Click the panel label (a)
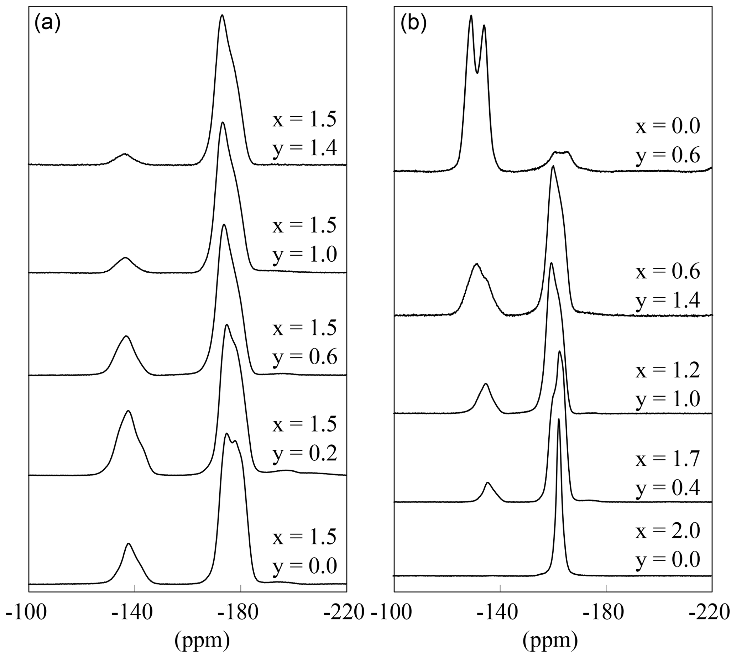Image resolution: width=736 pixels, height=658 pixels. (47, 24)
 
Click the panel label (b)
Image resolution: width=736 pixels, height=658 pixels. (413, 24)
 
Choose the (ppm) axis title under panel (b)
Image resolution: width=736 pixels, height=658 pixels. (550, 639)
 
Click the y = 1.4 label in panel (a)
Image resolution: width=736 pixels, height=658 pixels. (305, 148)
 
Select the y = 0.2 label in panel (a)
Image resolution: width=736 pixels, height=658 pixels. (305, 454)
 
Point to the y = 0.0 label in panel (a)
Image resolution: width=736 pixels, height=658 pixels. (305, 565)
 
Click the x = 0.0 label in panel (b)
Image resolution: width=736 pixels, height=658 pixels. (668, 127)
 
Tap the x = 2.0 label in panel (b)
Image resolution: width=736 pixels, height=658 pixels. (668, 531)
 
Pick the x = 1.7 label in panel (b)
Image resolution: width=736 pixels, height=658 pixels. (668, 460)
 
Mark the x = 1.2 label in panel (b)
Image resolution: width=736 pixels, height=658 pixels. (668, 371)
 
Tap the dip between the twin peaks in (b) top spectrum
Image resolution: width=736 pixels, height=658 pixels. (477, 73)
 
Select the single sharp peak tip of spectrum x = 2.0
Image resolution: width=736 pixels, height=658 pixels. (559, 419)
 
